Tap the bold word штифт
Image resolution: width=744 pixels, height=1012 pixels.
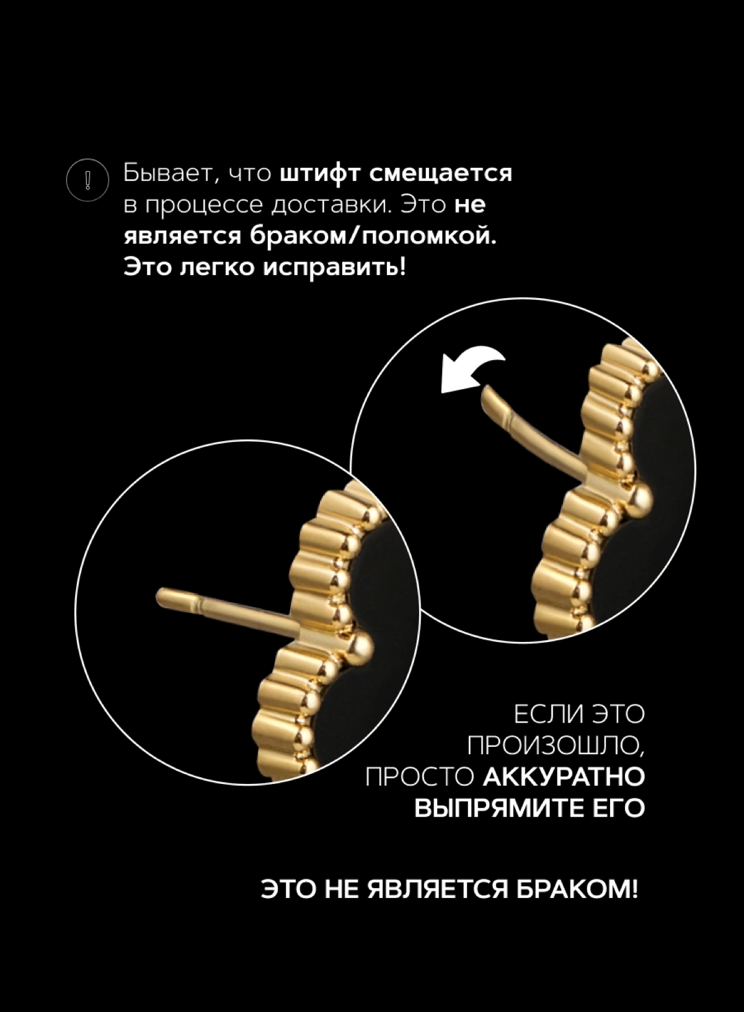tap(319, 174)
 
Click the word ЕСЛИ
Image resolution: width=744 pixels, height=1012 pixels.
tap(543, 715)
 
